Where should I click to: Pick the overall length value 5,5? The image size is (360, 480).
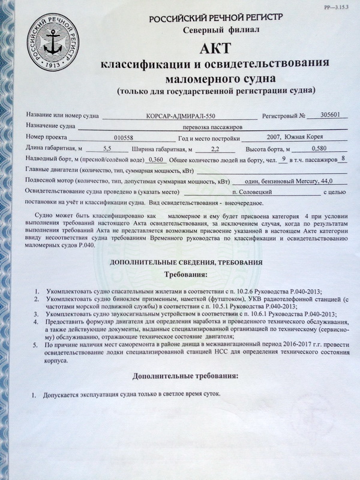point(107,148)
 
